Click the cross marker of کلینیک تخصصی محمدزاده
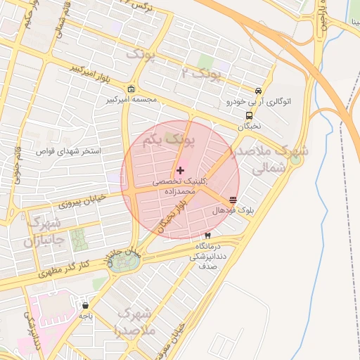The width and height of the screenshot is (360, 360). tap(181, 170)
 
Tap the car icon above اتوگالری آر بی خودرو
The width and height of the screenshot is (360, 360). tap(259, 91)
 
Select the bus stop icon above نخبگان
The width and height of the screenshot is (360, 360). tap(249, 116)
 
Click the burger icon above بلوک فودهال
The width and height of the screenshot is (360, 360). tap(233, 200)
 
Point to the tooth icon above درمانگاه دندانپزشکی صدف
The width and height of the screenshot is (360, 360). tap(207, 236)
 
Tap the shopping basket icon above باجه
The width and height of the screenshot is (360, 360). tap(86, 306)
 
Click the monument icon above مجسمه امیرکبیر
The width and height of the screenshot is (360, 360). tap(132, 89)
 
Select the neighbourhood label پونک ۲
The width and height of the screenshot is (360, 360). tap(201, 72)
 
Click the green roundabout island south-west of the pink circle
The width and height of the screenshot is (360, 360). tap(124, 262)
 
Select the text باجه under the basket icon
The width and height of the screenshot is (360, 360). tap(86, 317)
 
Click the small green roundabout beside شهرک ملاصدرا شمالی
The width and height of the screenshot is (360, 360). tap(295, 160)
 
